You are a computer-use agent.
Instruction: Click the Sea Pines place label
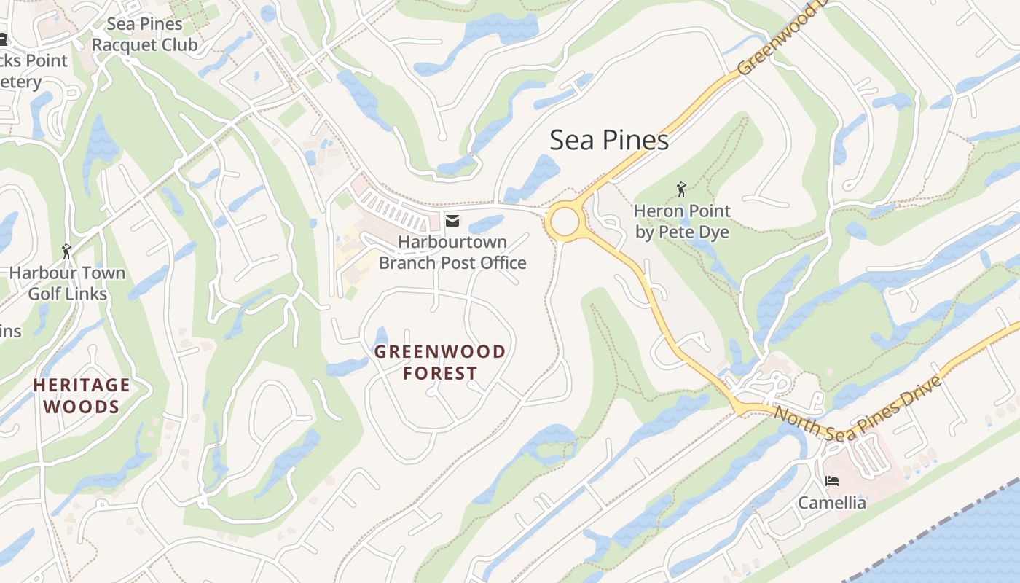point(608,140)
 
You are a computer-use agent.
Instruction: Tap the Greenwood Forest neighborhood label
point(439,362)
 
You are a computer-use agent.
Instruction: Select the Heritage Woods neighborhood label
point(81,396)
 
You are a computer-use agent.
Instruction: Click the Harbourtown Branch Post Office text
point(452,252)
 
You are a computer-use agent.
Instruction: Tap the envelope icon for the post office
point(452,221)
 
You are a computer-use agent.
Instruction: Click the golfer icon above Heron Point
point(681,190)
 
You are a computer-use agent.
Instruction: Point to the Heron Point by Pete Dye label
point(681,222)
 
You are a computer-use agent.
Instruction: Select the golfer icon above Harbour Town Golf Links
point(67,251)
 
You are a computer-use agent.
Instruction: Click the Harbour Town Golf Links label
point(67,283)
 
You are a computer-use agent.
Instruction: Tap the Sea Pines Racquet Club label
point(144,34)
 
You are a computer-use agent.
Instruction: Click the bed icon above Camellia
point(831,481)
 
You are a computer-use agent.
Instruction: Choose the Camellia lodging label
point(831,503)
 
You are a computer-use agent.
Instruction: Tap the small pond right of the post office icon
point(486,224)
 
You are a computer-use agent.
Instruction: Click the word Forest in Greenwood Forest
point(439,373)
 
